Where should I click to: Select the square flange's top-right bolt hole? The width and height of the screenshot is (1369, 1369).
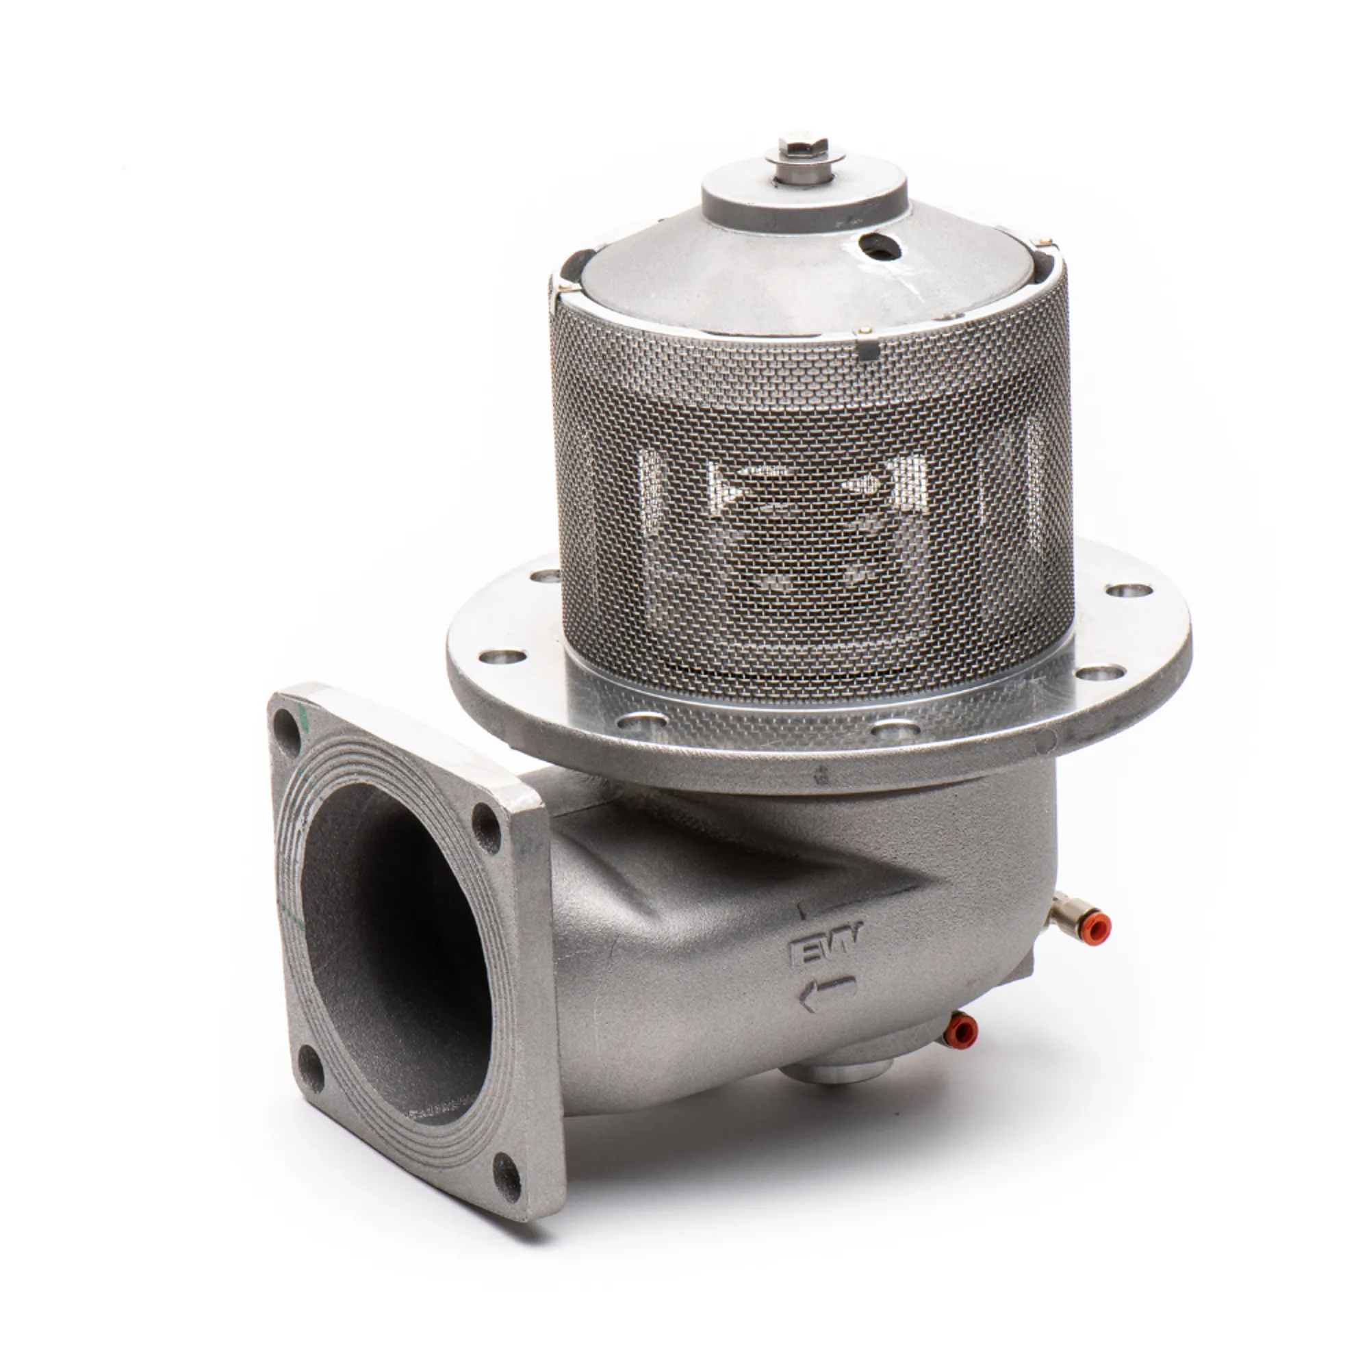(x=485, y=823)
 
